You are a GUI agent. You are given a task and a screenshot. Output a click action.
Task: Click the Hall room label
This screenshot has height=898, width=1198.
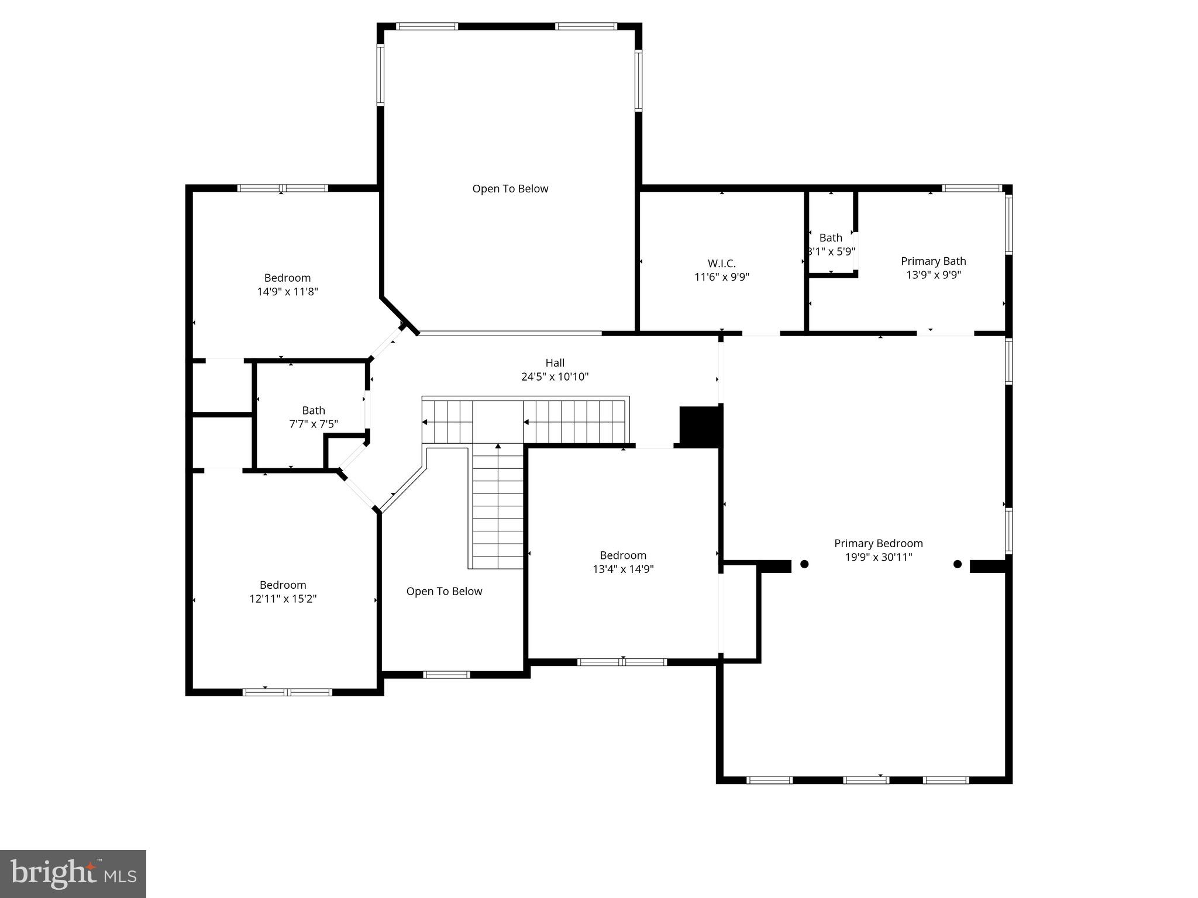[555, 363]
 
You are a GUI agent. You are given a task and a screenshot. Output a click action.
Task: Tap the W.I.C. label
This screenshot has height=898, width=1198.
[721, 264]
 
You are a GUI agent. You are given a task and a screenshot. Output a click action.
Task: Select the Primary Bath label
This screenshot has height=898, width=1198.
[933, 261]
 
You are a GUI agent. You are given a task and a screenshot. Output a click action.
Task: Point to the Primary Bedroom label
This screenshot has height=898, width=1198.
[878, 544]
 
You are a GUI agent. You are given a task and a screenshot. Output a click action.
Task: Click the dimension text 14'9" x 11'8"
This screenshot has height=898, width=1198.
[287, 292]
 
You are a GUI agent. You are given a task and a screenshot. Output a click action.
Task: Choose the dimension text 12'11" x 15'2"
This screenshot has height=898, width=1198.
[283, 599]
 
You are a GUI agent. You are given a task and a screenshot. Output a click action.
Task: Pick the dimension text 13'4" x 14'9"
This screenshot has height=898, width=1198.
[623, 569]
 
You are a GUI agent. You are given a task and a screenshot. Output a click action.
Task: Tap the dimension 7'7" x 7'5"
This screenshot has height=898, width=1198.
[314, 424]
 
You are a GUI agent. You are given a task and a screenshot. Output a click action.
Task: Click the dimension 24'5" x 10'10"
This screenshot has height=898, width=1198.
[555, 377]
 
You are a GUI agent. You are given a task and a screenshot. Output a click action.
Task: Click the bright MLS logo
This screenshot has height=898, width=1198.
[73, 873]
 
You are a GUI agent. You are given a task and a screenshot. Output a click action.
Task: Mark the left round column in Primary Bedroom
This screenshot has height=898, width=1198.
[804, 564]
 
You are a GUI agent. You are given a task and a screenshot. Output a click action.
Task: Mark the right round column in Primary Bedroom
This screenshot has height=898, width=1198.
[958, 564]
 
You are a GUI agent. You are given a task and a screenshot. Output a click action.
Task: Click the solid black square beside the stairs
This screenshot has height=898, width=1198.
[700, 426]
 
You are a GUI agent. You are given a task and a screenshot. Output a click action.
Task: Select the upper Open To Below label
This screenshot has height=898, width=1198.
[510, 189]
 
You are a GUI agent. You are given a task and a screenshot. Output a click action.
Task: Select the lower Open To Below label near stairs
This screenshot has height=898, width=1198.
[444, 592]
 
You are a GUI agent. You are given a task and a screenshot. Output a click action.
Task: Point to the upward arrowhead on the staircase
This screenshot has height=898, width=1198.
[498, 447]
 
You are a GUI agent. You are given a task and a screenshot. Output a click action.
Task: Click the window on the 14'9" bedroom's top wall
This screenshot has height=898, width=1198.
[283, 188]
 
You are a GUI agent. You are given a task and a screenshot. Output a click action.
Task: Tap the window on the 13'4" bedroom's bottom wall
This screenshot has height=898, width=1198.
[622, 662]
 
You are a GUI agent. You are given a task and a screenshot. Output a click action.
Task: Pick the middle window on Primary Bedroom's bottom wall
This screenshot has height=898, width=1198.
[866, 780]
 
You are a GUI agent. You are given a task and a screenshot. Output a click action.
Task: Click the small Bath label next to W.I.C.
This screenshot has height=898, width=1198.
[831, 238]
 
